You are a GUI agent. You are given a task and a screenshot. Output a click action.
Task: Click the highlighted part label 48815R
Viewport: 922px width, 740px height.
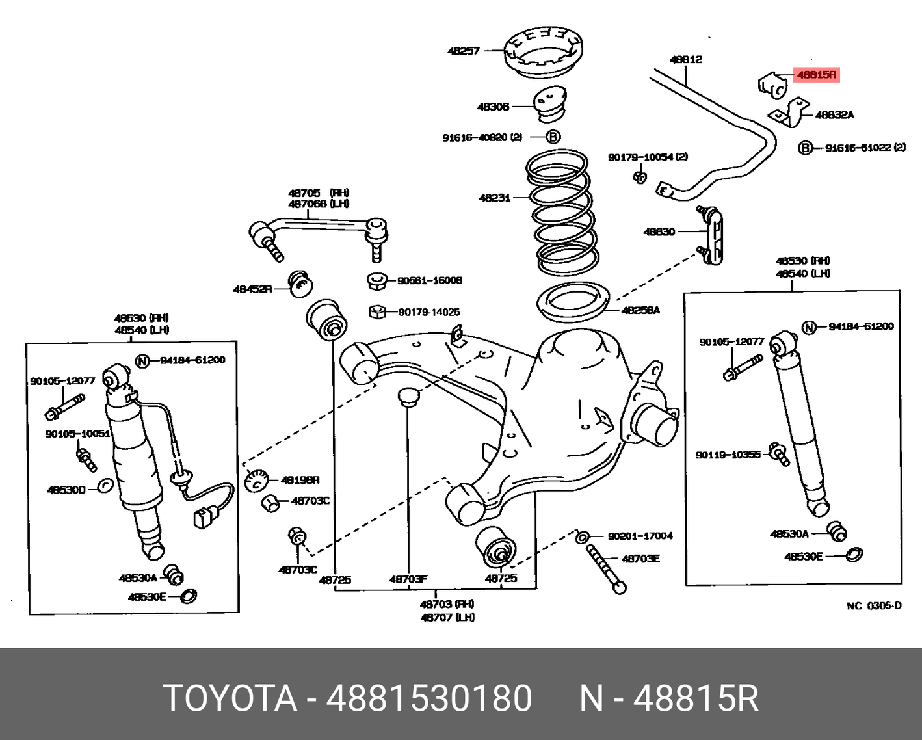817,75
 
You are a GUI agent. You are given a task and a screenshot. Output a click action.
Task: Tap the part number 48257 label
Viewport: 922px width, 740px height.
463,51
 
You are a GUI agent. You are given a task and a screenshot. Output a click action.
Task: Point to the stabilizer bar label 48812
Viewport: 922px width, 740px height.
686,59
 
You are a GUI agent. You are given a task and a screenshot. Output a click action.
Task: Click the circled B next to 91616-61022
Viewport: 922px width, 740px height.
805,148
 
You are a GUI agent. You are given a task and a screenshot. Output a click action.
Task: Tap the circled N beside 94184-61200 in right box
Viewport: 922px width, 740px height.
808,327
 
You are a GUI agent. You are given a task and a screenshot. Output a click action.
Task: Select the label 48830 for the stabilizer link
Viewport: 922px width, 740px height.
659,231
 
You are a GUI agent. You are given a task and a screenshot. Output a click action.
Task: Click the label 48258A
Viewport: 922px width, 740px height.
640,310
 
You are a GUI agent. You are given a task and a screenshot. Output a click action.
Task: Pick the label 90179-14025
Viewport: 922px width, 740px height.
428,312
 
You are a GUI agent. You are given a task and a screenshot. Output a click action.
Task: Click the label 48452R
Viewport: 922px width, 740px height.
252,289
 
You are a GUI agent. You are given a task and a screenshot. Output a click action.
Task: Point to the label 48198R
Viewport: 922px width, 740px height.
300,480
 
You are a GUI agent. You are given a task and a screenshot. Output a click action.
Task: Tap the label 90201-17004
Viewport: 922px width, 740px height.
640,536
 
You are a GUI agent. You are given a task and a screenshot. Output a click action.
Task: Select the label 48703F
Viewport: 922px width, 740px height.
408,579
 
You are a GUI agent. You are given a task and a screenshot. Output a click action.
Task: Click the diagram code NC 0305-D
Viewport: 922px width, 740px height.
874,606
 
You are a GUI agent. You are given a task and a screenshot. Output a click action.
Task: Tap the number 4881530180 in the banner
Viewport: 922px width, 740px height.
429,698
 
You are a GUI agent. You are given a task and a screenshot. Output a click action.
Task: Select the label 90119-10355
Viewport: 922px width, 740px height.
728,455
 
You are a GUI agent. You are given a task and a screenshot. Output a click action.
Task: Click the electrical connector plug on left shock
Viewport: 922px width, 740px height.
202,518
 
